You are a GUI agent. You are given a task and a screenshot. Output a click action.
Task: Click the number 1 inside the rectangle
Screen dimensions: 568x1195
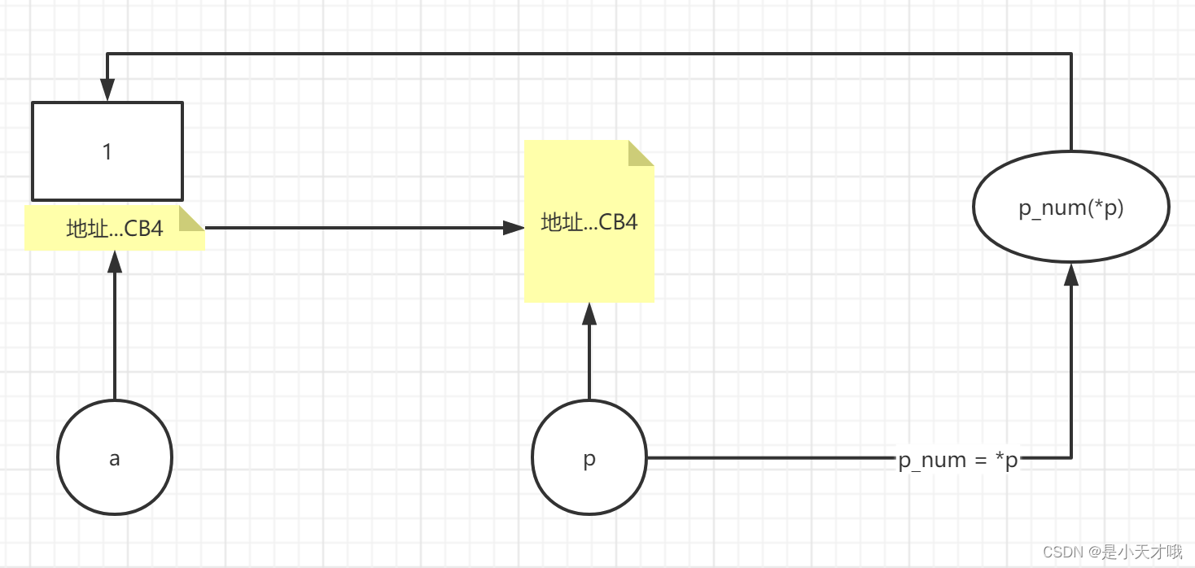(107, 151)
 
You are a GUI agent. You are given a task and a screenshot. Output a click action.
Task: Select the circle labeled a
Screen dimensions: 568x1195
(115, 457)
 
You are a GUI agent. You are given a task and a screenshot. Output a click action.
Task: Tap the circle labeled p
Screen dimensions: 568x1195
(589, 457)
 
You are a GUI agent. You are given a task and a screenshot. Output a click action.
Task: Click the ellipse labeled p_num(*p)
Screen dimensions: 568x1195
(1070, 208)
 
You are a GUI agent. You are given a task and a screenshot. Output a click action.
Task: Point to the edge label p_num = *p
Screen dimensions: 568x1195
(958, 461)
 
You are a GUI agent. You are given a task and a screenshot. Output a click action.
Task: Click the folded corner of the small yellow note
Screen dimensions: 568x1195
(191, 217)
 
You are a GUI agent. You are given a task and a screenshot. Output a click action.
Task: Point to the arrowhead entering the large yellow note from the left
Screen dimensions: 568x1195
(513, 228)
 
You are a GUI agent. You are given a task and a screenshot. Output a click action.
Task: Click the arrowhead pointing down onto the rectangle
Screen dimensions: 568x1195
(107, 90)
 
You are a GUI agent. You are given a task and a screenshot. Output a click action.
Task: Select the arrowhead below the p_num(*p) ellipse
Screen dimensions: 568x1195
(1070, 274)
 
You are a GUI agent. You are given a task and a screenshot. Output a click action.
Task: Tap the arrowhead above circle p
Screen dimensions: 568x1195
(589, 314)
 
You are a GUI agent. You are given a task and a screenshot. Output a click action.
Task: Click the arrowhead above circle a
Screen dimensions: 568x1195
(115, 262)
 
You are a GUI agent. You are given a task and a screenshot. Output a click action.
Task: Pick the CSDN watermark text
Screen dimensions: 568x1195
(1112, 553)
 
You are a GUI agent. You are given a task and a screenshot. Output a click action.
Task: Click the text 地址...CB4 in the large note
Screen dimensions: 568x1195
(589, 222)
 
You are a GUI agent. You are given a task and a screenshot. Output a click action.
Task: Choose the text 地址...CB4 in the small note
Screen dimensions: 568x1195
(115, 229)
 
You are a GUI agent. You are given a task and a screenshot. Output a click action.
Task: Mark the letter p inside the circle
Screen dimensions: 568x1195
(589, 460)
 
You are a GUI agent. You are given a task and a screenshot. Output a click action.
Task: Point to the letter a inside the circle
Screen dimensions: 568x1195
(115, 459)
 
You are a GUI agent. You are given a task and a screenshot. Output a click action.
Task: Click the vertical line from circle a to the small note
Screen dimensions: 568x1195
(115, 342)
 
